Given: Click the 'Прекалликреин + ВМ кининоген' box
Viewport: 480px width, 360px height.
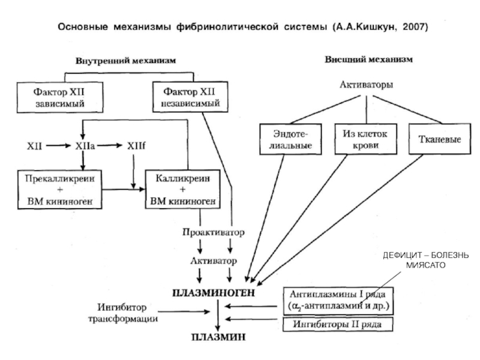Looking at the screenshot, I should tap(59, 190).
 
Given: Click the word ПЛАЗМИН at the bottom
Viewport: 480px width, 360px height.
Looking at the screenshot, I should tap(218, 337).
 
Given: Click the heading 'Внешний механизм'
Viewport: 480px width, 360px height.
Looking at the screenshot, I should tap(368, 60).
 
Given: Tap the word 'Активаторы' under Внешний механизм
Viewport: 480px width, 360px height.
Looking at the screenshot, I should tap(367, 85).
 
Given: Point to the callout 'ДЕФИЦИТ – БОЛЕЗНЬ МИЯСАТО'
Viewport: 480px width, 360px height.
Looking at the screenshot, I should tap(426, 261).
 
